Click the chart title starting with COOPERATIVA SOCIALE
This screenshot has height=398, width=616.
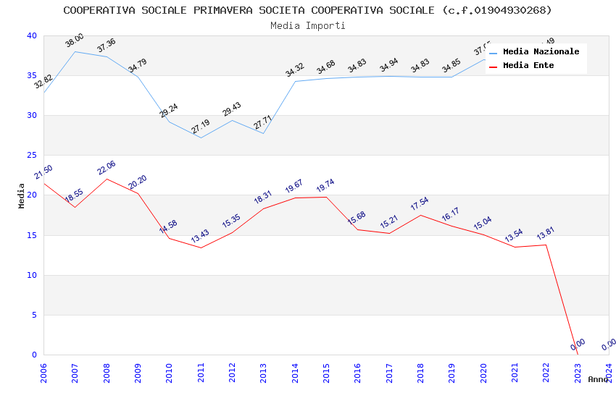pyautogui.click(x=307, y=10)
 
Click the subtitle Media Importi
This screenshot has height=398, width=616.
pyautogui.click(x=307, y=25)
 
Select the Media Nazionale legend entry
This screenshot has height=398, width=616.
pyautogui.click(x=541, y=52)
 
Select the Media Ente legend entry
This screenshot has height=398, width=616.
pyautogui.click(x=528, y=66)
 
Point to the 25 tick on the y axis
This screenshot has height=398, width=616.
pyautogui.click(x=31, y=156)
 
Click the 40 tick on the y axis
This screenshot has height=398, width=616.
pyautogui.click(x=31, y=36)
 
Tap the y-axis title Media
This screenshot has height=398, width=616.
pyautogui.click(x=22, y=195)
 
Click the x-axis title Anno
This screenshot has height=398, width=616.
pyautogui.click(x=598, y=379)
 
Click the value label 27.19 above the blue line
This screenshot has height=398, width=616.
pyautogui.click(x=200, y=126)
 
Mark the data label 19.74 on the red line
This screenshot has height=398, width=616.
pyautogui.click(x=325, y=186)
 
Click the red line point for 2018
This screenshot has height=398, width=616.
pyautogui.click(x=420, y=215)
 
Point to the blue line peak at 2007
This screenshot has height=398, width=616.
pyautogui.click(x=75, y=51)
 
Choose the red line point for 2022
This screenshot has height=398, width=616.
pyautogui.click(x=546, y=245)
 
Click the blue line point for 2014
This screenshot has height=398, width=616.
pyautogui.click(x=295, y=81)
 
